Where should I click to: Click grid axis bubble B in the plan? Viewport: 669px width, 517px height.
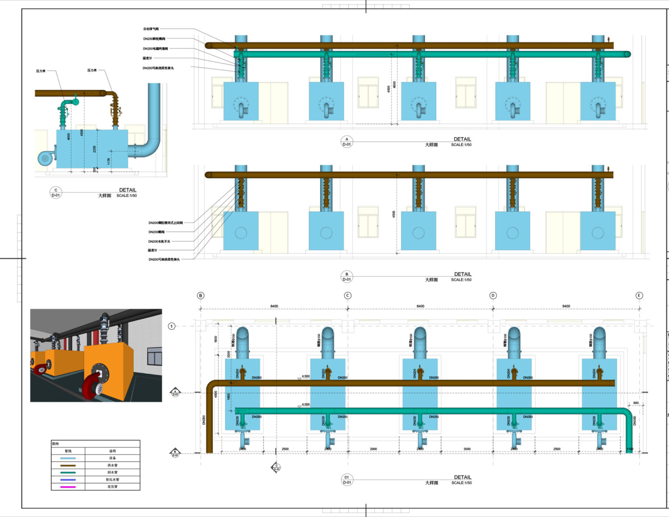coord(201,295)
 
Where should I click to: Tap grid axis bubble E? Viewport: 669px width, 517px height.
coord(639,295)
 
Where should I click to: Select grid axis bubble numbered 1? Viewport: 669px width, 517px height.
coord(172,326)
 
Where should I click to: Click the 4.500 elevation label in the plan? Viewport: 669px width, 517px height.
coord(306,376)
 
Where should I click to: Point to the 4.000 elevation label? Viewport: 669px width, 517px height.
coord(306,405)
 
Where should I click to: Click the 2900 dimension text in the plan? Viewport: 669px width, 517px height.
coord(373,449)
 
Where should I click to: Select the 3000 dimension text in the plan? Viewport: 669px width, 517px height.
coord(467,449)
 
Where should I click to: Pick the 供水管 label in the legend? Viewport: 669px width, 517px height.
coord(112,465)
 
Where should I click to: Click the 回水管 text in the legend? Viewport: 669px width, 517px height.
coord(112,472)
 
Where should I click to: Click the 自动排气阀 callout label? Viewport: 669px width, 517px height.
coord(151,29)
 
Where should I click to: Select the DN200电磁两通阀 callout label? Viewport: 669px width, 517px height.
coord(155,49)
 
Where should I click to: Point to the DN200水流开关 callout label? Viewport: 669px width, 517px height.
coord(159,242)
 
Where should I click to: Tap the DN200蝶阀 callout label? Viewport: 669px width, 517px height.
coord(157,232)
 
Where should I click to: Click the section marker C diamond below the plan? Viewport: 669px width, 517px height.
coord(277,467)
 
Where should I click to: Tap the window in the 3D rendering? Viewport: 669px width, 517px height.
coord(154,358)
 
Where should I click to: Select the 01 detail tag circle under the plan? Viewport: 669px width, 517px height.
coord(347,480)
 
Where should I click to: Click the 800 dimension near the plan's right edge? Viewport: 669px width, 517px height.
coord(636,403)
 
